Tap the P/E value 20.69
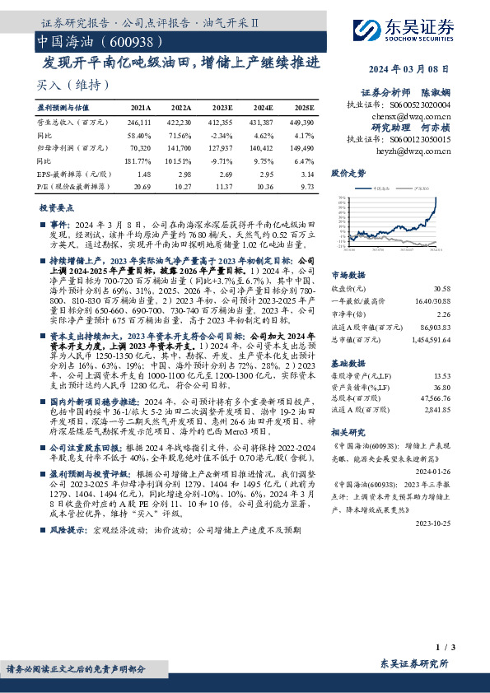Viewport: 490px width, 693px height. [x=142, y=188]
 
